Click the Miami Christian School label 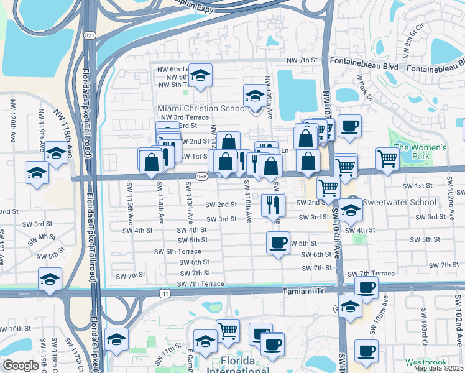[201, 108]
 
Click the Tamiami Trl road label [304, 290]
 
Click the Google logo [21, 366]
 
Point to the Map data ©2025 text [438, 368]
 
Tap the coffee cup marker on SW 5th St [278, 242]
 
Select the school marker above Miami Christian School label [254, 96]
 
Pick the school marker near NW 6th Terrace [200, 75]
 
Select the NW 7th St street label [302, 60]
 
